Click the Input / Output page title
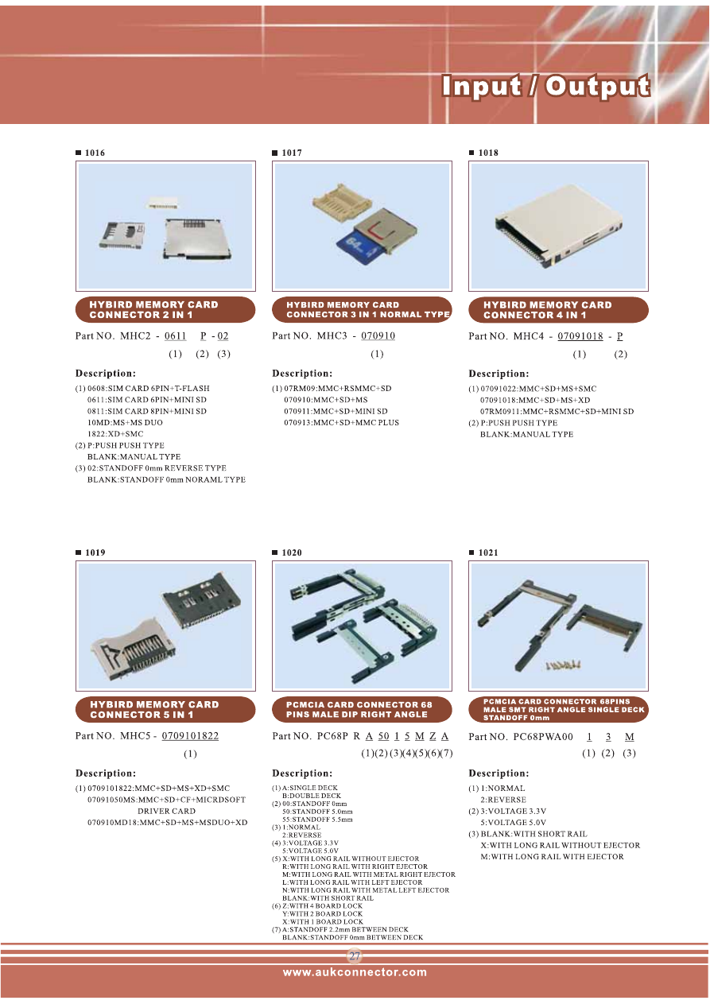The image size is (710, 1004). tap(545, 86)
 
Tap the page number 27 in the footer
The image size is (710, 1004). tap(355, 956)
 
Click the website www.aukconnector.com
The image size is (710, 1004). tap(355, 972)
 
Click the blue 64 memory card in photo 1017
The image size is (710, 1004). tap(359, 246)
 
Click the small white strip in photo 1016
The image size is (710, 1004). tap(162, 203)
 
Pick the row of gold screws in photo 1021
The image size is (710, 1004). tap(563, 665)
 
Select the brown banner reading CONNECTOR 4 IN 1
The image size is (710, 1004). tap(558, 310)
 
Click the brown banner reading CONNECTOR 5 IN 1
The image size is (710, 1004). tap(165, 710)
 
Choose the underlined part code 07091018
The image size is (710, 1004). tap(580, 336)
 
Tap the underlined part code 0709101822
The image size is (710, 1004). tap(190, 736)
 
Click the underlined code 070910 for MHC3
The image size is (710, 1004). tap(378, 335)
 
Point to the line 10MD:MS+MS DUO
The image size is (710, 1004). tap(125, 423)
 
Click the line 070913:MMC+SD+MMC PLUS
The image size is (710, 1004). tap(341, 423)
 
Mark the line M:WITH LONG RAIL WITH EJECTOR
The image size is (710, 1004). tap(552, 856)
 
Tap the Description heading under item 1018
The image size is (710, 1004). tap(499, 374)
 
